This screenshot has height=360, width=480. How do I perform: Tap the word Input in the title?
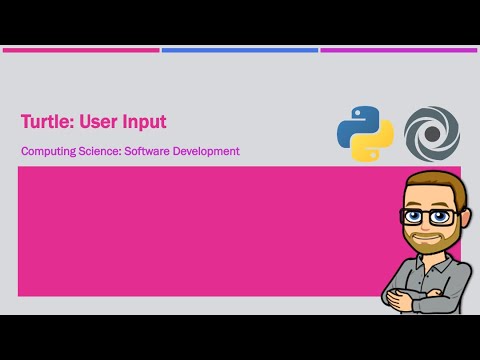tap(146, 122)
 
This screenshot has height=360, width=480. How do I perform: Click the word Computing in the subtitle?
tap(46, 152)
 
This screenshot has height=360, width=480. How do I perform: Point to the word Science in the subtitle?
tap(99, 152)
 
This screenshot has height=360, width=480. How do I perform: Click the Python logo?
tap(365, 135)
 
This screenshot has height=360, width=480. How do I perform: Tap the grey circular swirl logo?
tap(432, 135)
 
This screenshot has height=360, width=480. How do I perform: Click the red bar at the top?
tap(80, 49)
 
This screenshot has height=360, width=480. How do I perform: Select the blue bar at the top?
tap(240, 49)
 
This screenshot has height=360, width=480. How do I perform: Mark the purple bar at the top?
tap(398, 49)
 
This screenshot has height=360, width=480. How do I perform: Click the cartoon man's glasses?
tap(428, 215)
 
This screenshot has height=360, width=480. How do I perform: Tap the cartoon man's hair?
tap(428, 185)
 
